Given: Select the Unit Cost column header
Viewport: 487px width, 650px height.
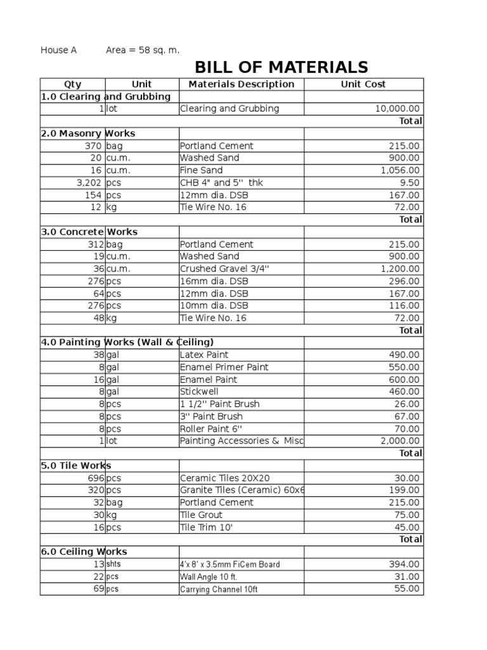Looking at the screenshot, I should tap(363, 84).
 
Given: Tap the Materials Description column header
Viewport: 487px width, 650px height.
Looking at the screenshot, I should tap(242, 84).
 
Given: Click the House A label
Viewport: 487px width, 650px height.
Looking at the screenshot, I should tap(58, 50).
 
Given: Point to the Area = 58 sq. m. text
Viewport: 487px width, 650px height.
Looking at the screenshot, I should tap(143, 50).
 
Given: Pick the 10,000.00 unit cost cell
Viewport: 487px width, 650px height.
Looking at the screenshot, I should tap(397, 109).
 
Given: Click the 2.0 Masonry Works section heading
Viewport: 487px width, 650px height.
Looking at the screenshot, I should tap(88, 133).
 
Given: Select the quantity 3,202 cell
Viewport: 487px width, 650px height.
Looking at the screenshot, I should tap(88, 183).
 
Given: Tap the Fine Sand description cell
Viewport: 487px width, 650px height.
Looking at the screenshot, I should tap(201, 170).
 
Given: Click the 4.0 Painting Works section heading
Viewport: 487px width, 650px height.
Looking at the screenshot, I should tap(127, 342).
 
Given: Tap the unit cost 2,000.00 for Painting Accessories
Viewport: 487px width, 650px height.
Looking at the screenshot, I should tap(399, 441).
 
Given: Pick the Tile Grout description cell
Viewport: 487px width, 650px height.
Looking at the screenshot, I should tap(201, 515).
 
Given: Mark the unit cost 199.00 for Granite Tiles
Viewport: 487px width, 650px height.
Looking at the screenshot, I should tap(404, 490).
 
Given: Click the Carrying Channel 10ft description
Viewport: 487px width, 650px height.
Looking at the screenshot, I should tap(219, 589).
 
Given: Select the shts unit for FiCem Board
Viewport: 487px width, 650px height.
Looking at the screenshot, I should tap(113, 564).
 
